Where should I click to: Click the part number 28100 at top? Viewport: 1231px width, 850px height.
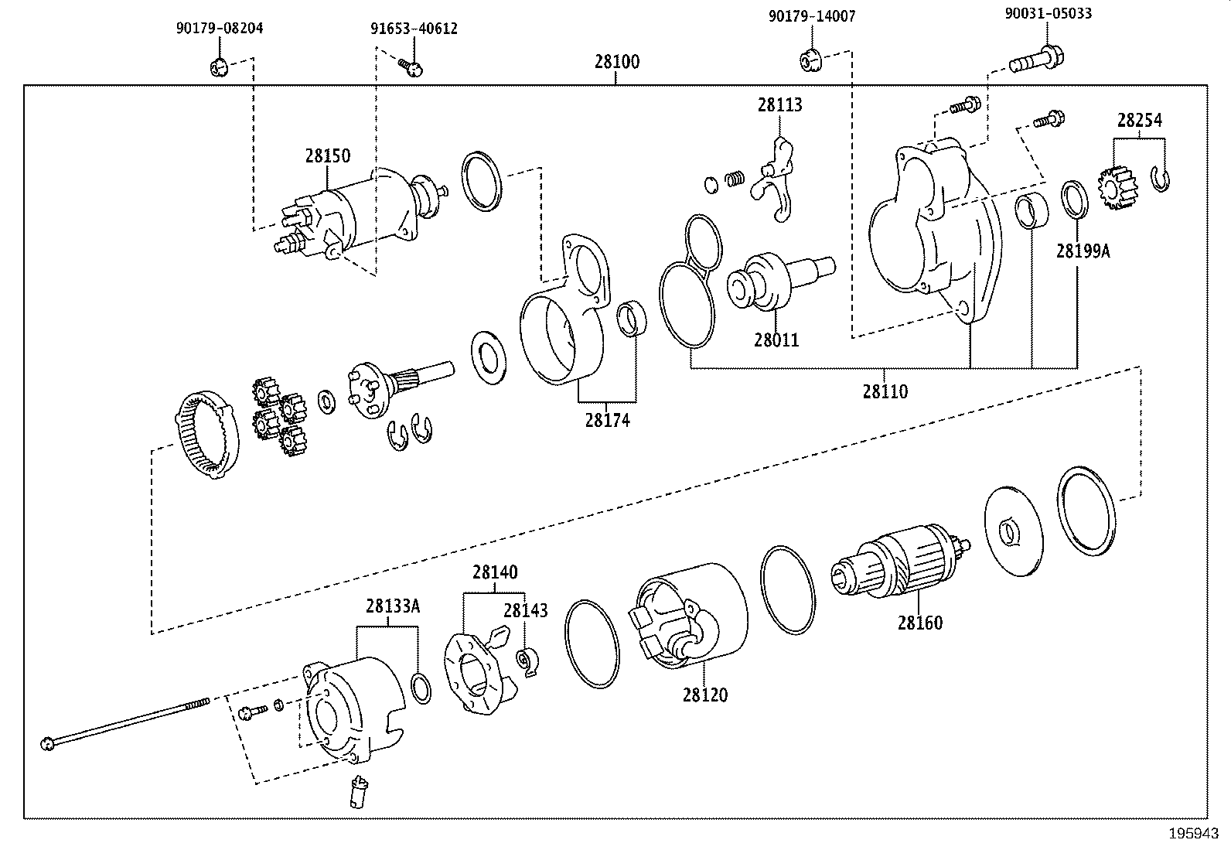tap(616, 62)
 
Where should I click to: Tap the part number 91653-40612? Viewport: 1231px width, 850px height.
tap(412, 29)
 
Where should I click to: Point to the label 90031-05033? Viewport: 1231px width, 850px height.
tap(1048, 13)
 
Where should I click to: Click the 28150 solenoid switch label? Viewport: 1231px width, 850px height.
tap(326, 155)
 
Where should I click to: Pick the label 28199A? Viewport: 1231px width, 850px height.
tap(1083, 251)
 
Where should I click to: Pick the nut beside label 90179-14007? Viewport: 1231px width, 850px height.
tap(810, 59)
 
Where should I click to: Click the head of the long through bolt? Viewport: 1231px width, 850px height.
tap(48, 744)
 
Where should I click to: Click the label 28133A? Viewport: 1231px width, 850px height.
tap(393, 606)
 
